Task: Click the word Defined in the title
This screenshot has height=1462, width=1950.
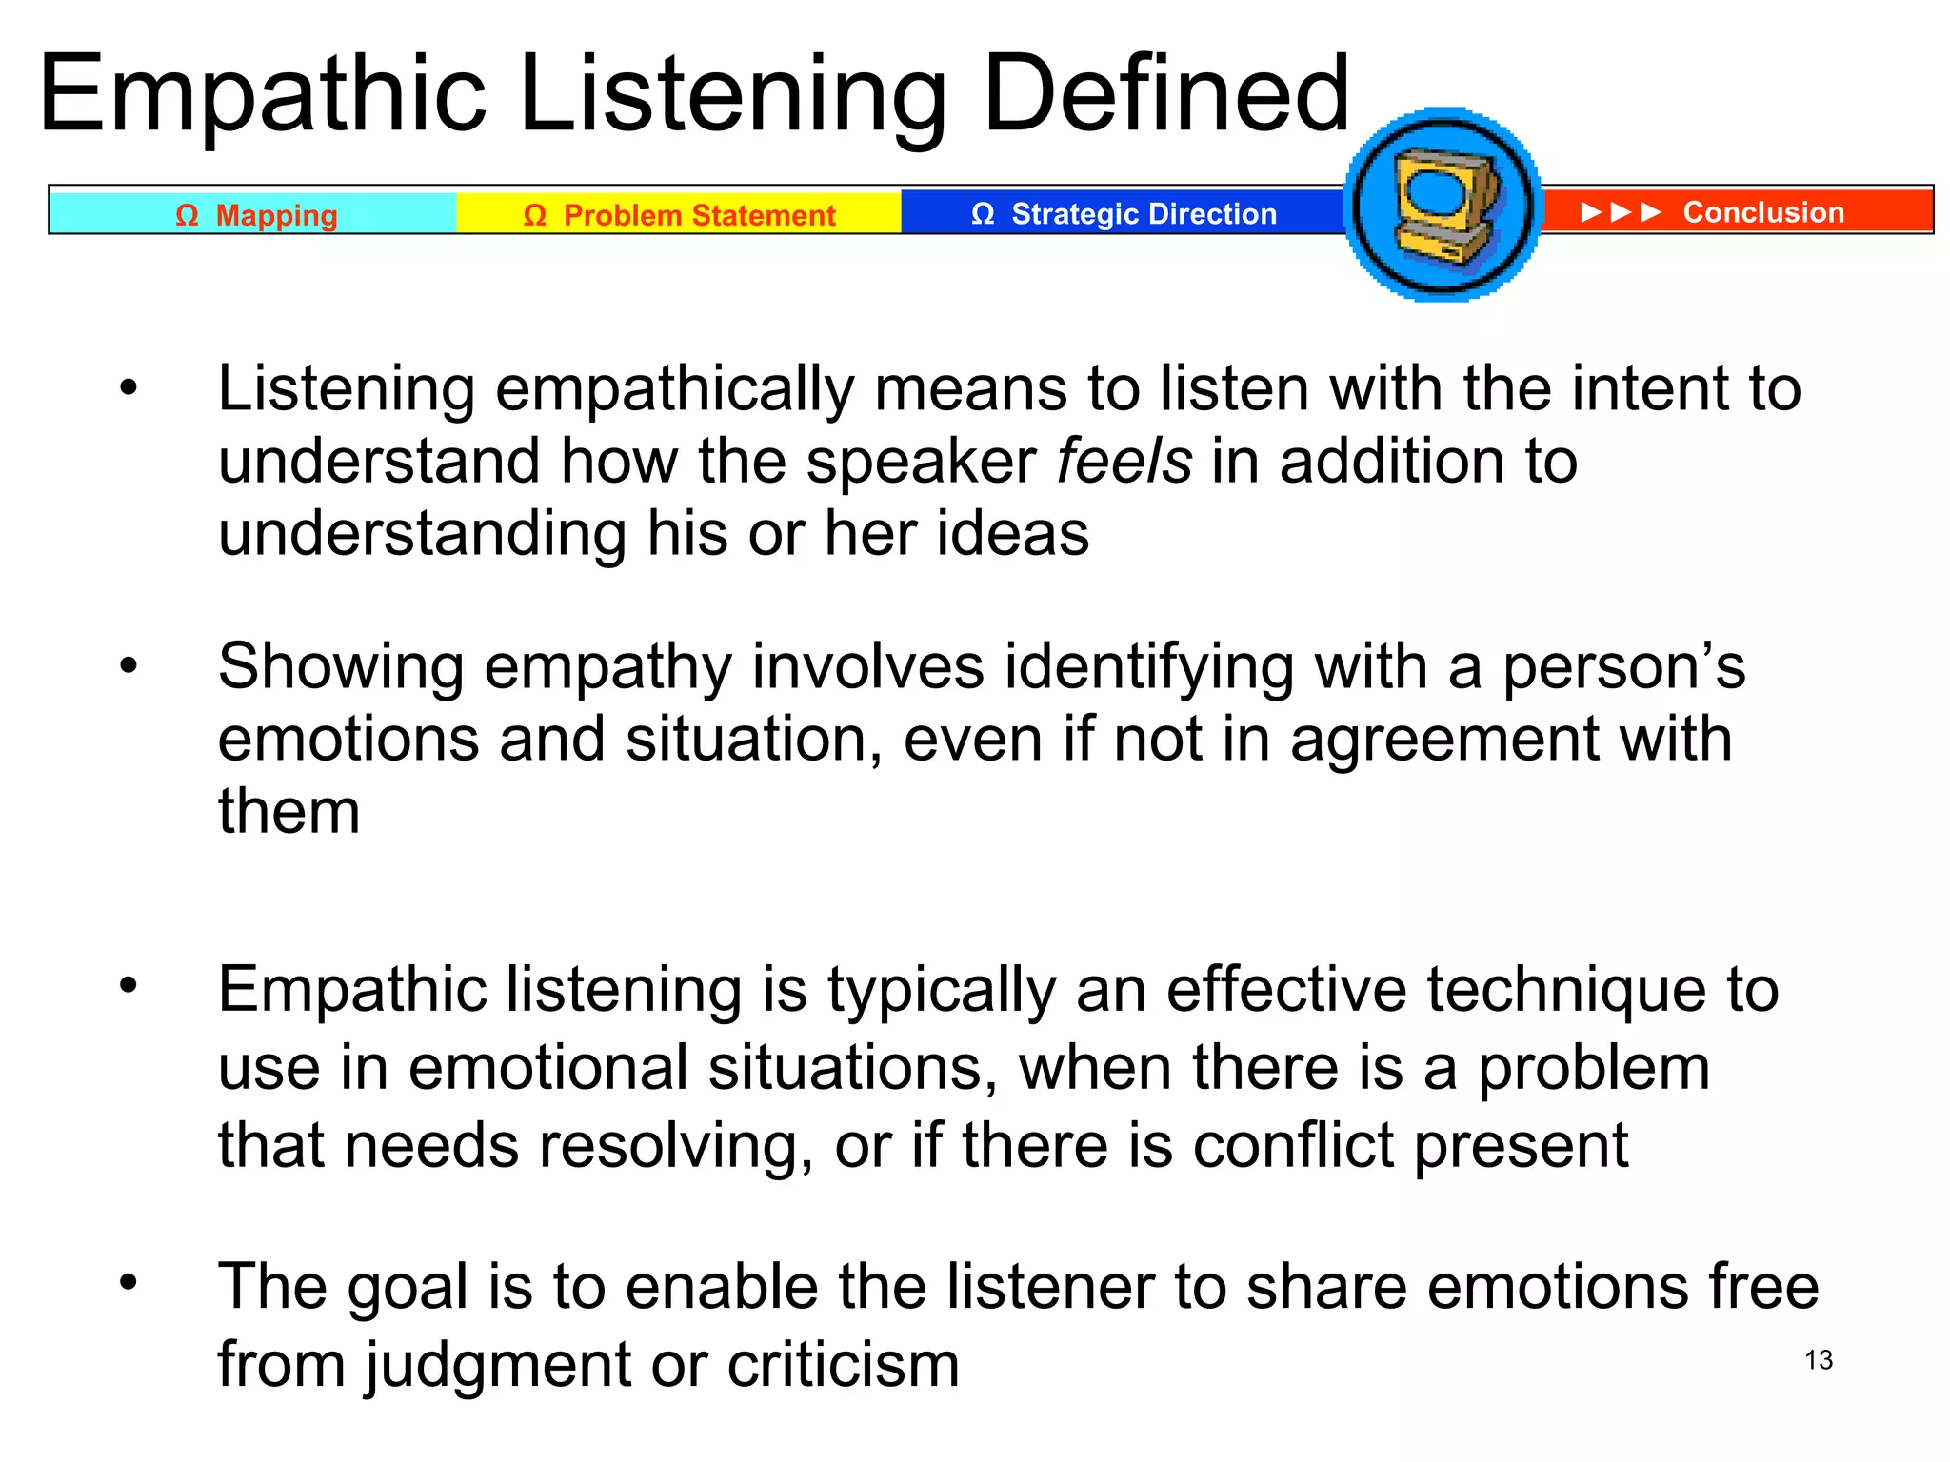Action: pyautogui.click(x=1165, y=95)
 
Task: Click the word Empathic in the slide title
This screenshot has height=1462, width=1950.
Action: pyautogui.click(x=262, y=95)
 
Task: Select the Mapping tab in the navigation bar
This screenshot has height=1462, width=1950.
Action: pyautogui.click(x=255, y=215)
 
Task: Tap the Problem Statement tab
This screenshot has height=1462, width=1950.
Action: pyautogui.click(x=679, y=215)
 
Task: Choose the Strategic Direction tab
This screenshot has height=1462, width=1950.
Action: pyautogui.click(x=1124, y=214)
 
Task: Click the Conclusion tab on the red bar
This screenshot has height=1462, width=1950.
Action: pyautogui.click(x=1762, y=212)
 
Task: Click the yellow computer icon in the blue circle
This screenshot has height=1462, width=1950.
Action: pyautogui.click(x=1443, y=206)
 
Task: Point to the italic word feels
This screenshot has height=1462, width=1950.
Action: pyautogui.click(x=1124, y=462)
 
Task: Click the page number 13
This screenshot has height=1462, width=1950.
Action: pyautogui.click(x=1819, y=1360)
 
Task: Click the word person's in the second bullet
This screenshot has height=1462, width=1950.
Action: pyautogui.click(x=1623, y=666)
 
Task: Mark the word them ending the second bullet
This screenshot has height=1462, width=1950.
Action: pyautogui.click(x=289, y=812)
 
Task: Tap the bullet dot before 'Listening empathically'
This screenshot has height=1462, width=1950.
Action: pyautogui.click(x=129, y=387)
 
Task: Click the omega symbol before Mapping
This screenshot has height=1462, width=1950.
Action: pyautogui.click(x=187, y=215)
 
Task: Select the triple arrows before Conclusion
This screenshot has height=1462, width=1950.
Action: pyautogui.click(x=1621, y=212)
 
